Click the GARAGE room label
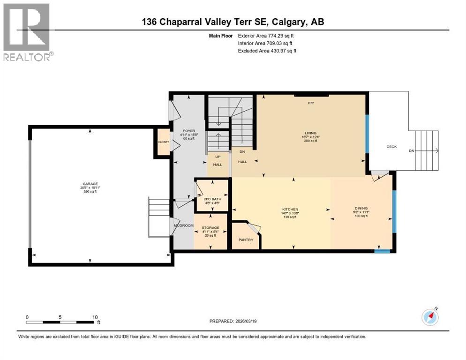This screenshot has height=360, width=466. [x=88, y=184]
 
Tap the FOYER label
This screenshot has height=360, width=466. [x=189, y=131]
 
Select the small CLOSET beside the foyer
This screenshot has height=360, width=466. [x=163, y=141]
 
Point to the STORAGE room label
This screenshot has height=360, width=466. [x=210, y=228]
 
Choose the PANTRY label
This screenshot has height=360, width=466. [x=246, y=240]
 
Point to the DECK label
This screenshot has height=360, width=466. [x=391, y=147]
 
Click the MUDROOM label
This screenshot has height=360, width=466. [x=184, y=225]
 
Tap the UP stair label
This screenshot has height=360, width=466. [x=218, y=157]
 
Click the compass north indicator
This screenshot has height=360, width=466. [x=430, y=317]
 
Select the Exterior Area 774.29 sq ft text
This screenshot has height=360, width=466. [x=266, y=36]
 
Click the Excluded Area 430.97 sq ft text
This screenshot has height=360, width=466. [x=267, y=51]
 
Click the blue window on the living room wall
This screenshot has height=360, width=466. [x=367, y=134]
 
